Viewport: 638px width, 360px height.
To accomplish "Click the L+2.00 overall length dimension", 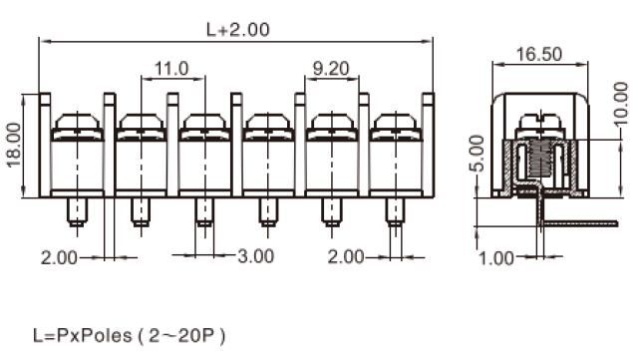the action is [x=238, y=30].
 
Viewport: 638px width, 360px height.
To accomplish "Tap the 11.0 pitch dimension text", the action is [x=171, y=69].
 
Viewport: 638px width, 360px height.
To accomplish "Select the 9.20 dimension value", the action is [x=331, y=69].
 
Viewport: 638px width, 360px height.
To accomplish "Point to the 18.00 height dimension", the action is [x=14, y=145].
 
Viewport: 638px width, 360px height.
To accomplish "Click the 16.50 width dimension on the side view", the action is [x=539, y=54].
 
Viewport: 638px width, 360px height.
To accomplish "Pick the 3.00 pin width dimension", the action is [x=256, y=256].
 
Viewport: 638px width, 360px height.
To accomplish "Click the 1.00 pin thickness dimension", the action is [x=496, y=258].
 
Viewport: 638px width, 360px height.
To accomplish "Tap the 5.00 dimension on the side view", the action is [x=477, y=154].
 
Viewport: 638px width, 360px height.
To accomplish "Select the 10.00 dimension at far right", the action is [x=620, y=104].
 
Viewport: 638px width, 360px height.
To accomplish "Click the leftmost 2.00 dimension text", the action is [x=59, y=257].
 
